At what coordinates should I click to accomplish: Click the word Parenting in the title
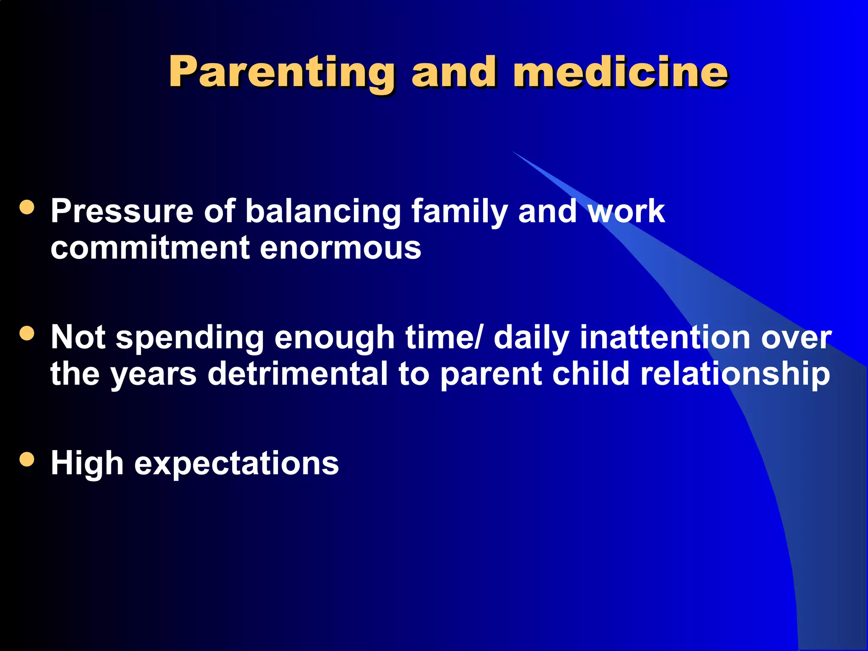[281, 73]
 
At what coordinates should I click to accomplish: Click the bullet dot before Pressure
[27, 207]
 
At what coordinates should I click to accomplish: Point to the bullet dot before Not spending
[27, 334]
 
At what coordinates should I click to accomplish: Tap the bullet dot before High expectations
[27, 459]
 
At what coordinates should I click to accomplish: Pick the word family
[459, 211]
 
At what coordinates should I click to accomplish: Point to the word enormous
[340, 249]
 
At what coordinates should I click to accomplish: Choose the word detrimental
[298, 374]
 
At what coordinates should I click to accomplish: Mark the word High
[87, 464]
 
